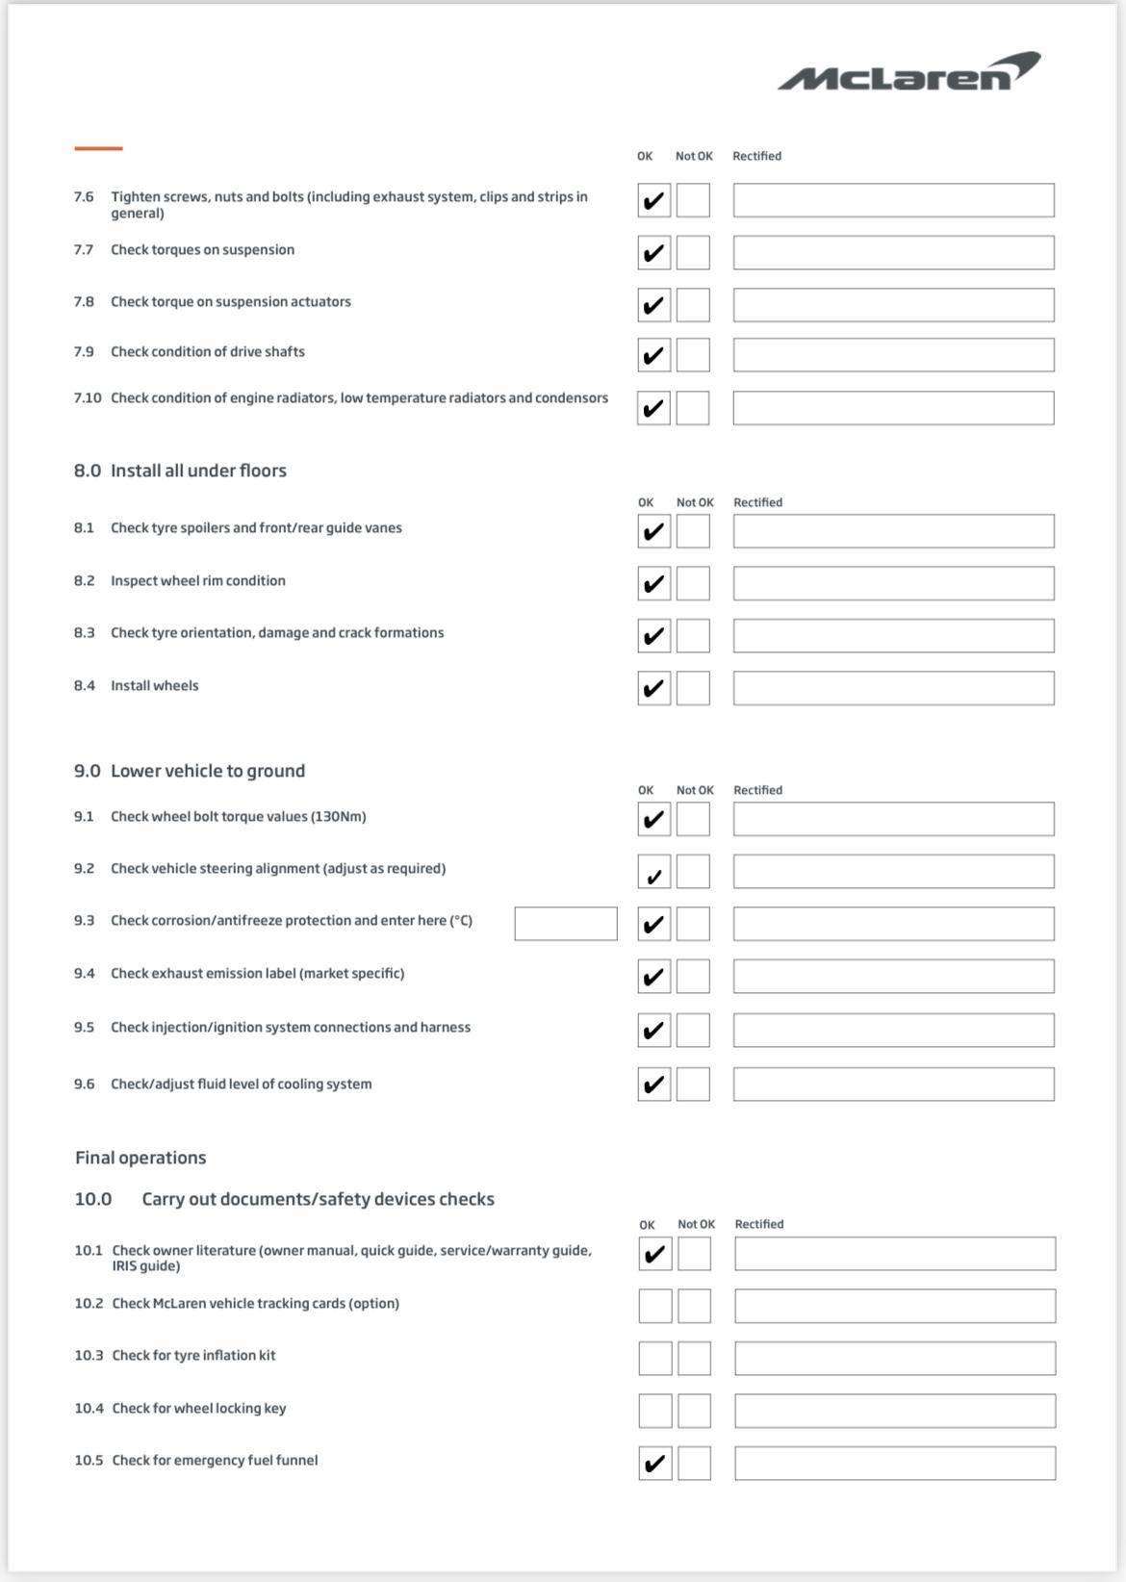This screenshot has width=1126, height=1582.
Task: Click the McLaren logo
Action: (908, 72)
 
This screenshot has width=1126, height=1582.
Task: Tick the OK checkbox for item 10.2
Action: (655, 1306)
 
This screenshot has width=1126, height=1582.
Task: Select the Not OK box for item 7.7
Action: (693, 253)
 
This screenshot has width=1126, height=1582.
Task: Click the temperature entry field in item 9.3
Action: (566, 924)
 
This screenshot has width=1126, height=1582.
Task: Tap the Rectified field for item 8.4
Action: (893, 688)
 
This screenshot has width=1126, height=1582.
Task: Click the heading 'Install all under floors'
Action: (198, 471)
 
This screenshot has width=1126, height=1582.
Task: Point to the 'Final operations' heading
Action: (141, 1158)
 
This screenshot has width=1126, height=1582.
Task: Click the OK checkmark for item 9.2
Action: (654, 873)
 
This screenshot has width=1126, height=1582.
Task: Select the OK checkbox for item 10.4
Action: (655, 1411)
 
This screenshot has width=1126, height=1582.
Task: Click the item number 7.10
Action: (88, 398)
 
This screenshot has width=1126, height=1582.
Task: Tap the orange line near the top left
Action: (98, 148)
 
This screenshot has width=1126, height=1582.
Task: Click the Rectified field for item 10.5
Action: (895, 1464)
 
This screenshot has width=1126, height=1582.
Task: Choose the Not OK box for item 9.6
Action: (693, 1084)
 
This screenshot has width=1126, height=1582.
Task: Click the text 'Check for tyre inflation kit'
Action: (193, 1356)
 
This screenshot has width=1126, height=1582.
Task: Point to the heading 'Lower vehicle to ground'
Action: (208, 771)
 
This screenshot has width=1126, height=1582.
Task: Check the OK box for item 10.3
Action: (655, 1359)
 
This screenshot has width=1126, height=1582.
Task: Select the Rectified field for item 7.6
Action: (893, 200)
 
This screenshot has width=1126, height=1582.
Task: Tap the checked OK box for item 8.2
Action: (654, 583)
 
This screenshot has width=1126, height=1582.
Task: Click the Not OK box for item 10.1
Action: (694, 1254)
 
